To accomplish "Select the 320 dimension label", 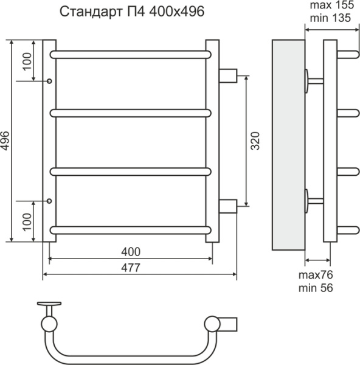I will [255, 141].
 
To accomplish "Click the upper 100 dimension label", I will [26, 60].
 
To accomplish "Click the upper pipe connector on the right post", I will [228, 76].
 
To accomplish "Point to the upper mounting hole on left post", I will [49, 80].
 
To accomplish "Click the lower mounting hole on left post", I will [49, 200].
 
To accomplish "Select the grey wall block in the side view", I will [287, 146].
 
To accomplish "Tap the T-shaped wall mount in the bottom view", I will [48, 304].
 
